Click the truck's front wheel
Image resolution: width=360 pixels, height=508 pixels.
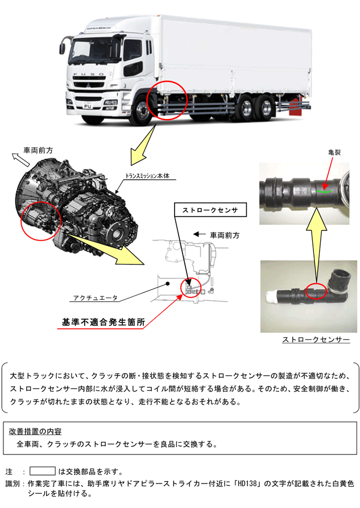point(142,111)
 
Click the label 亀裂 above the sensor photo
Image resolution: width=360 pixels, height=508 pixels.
point(334,152)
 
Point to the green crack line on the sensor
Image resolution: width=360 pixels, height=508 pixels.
point(324,191)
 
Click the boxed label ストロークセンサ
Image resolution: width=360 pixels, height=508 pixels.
point(210,210)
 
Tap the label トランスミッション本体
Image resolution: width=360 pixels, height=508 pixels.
point(147,176)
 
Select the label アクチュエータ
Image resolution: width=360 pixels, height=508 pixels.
point(95,298)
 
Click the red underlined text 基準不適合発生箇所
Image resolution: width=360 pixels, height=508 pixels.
point(104,322)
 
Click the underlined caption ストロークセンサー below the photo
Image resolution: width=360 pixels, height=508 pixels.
point(316,339)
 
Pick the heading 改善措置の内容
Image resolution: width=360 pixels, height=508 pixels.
point(35,431)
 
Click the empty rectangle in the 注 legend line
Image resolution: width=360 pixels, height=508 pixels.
point(43,471)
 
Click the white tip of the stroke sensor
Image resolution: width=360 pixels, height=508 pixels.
point(271,296)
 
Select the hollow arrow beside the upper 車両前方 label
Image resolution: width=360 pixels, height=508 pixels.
point(20,159)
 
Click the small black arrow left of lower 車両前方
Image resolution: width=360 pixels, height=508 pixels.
point(199,234)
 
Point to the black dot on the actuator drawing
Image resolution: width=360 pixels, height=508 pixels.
point(168,284)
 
